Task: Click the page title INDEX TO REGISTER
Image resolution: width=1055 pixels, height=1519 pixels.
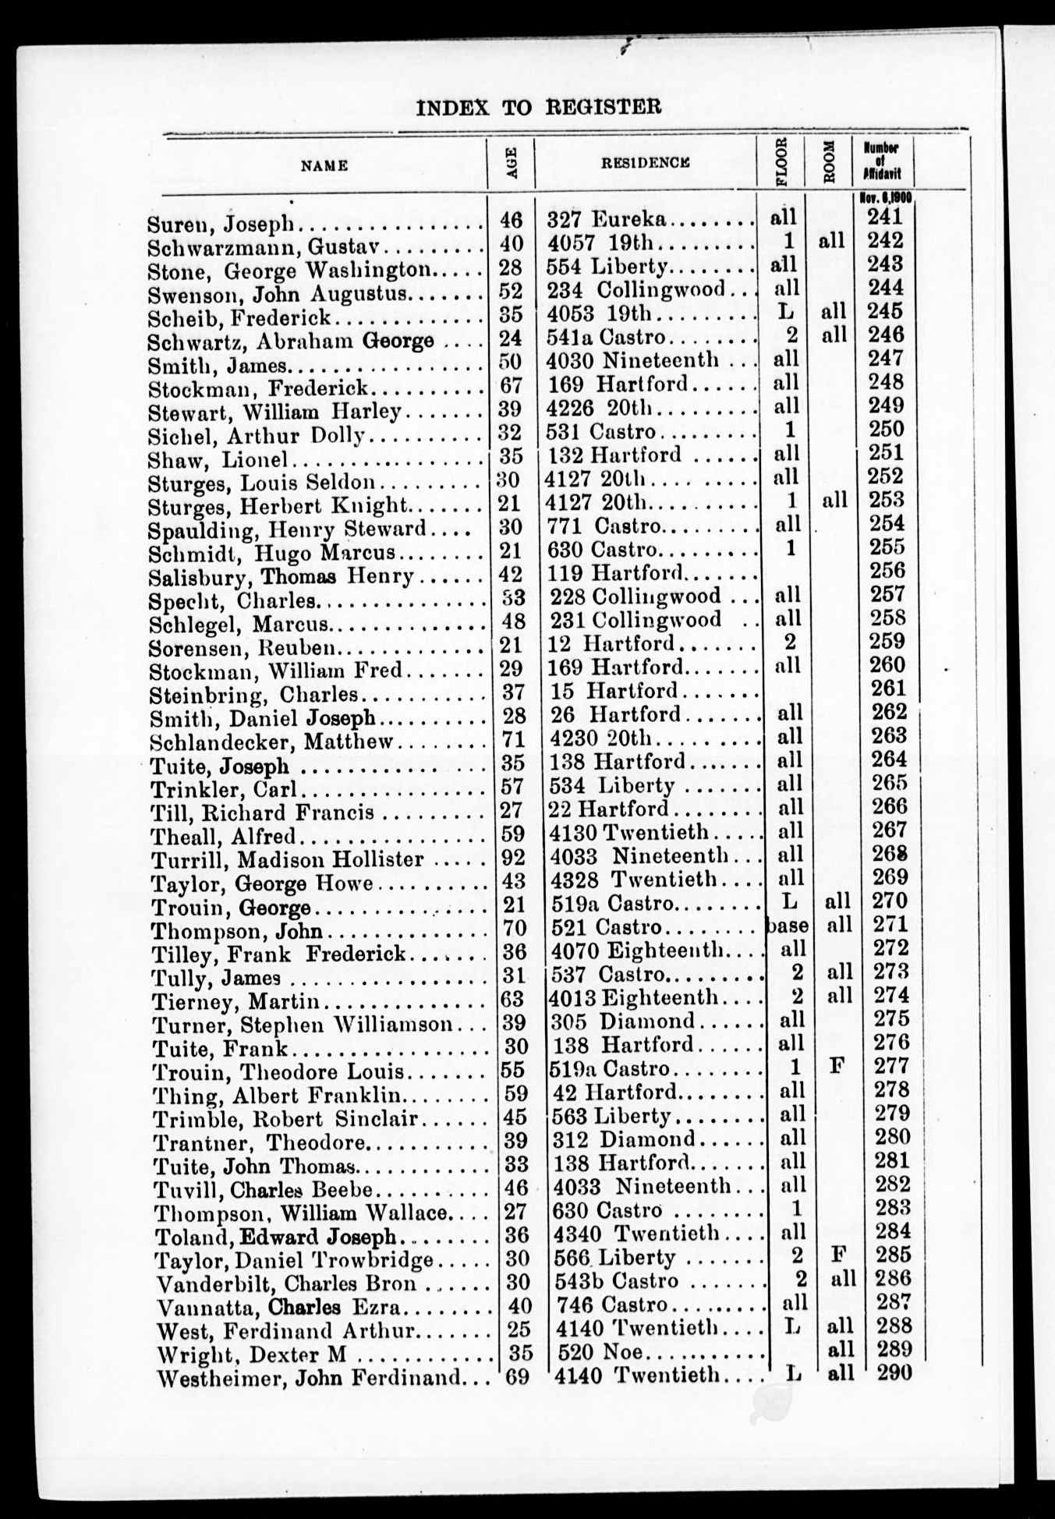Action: [x=539, y=107]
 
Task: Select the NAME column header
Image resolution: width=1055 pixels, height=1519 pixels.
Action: [x=324, y=165]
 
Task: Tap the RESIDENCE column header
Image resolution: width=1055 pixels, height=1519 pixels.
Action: [x=645, y=163]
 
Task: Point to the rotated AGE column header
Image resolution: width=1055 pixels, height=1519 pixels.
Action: [x=512, y=164]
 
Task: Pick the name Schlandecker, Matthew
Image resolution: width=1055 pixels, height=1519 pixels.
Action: [x=271, y=742]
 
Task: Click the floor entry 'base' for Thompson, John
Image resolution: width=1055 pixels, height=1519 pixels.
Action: [x=788, y=926]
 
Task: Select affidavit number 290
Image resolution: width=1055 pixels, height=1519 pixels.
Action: [x=894, y=1373]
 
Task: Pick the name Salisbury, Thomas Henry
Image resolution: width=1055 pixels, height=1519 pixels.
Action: [x=281, y=577]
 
